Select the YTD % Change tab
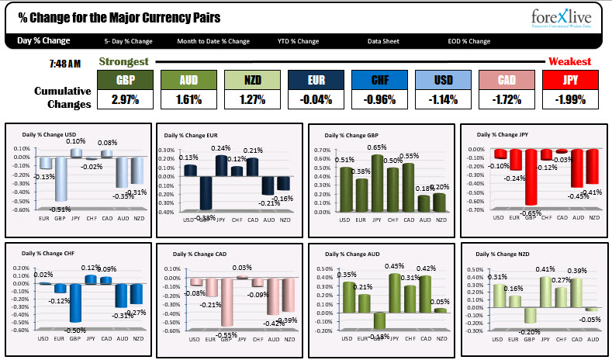[298, 41]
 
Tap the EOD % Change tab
[469, 41]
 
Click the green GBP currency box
[124, 80]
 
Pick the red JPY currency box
[569, 80]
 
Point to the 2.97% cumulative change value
[124, 99]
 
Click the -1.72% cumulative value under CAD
[506, 99]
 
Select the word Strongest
[123, 61]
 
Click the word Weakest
[569, 61]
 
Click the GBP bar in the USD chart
[61, 179]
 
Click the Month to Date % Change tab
[213, 41]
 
